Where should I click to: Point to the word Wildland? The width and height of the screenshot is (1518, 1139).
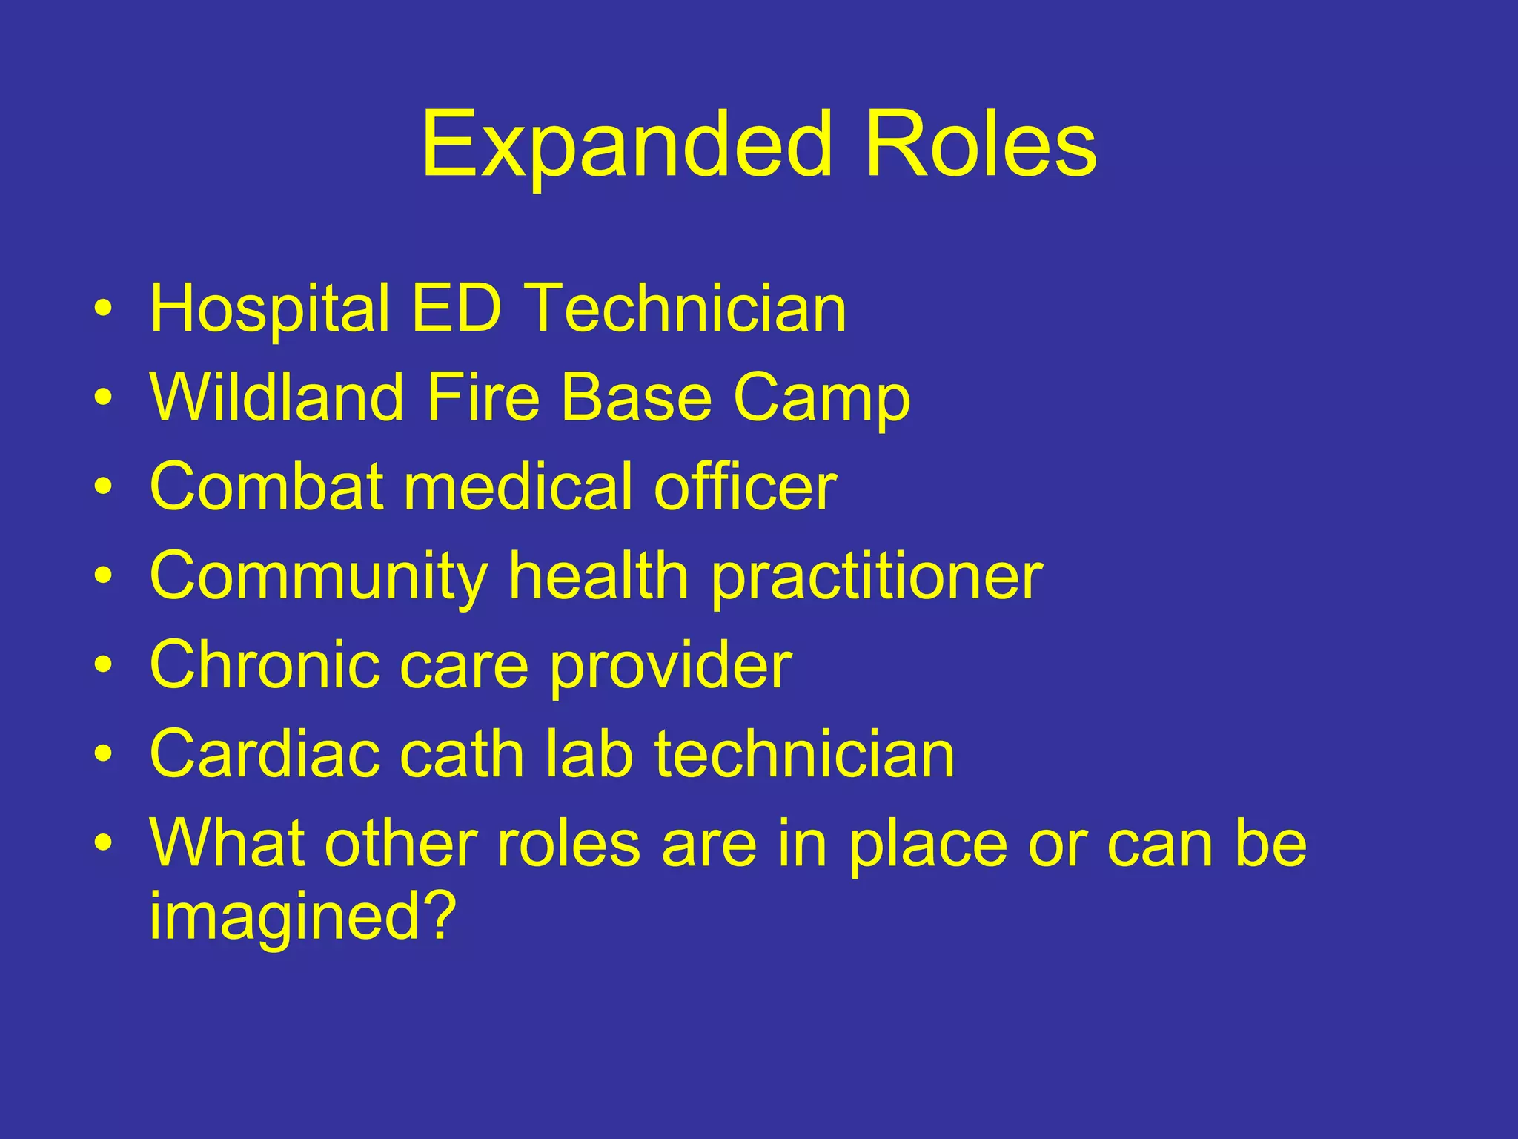coord(276,398)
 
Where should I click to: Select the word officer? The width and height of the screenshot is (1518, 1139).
coord(745,487)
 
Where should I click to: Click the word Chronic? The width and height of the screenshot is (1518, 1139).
coord(264,665)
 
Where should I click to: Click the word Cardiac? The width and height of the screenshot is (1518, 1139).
coord(264,754)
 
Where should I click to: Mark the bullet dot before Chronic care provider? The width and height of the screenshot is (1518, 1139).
coord(105,665)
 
